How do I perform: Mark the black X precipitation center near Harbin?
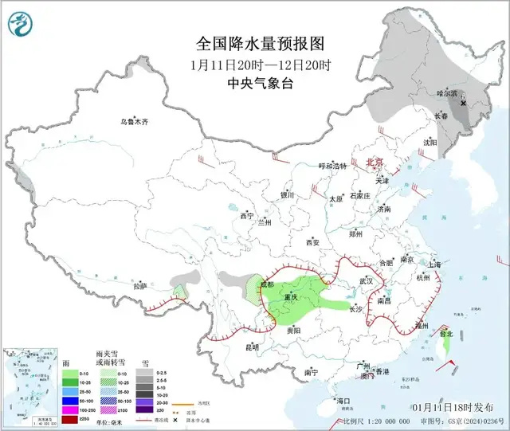[x=464, y=103]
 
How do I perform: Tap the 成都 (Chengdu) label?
[x=265, y=284]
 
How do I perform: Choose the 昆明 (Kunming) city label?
[x=252, y=347]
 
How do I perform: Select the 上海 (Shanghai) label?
[x=434, y=264]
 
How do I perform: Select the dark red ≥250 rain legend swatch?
[x=69, y=419]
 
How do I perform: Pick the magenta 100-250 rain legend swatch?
[x=69, y=409]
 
